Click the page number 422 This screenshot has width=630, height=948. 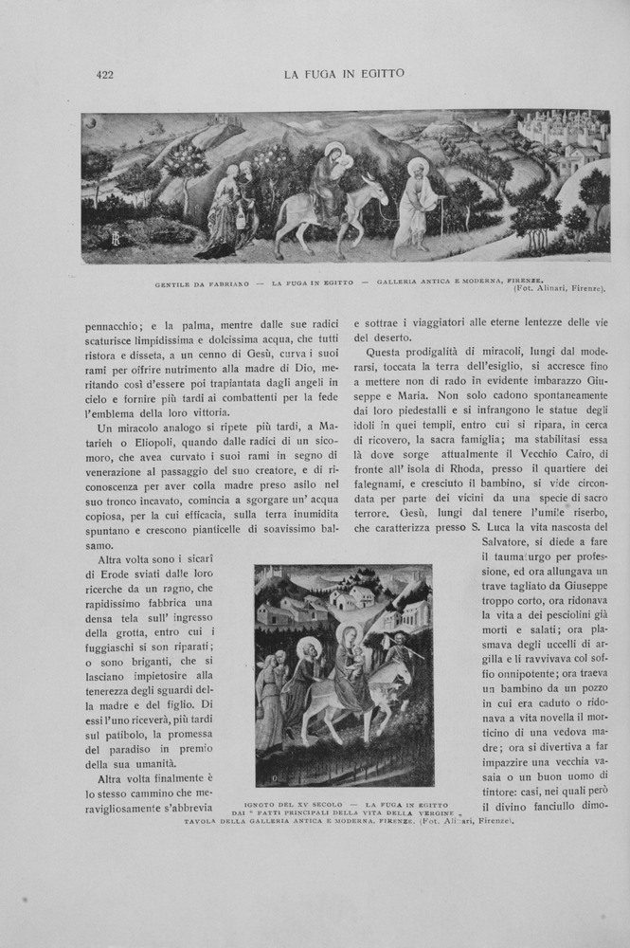(x=105, y=74)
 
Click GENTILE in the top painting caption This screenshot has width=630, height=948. (x=175, y=283)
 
